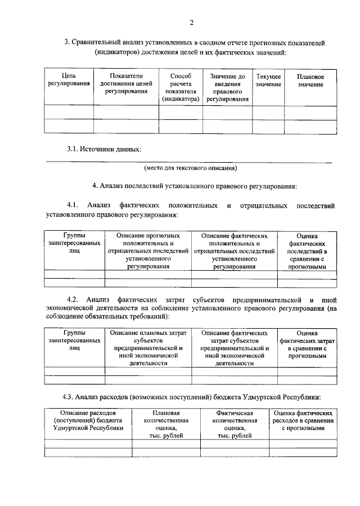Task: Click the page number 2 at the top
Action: pyautogui.click(x=191, y=23)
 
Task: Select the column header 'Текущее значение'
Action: pyautogui.click(x=268, y=80)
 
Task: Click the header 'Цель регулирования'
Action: pyautogui.click(x=69, y=80)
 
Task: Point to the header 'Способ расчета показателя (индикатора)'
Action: pyautogui.click(x=181, y=87)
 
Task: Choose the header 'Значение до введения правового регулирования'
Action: pyautogui.click(x=227, y=87)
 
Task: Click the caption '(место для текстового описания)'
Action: pyautogui.click(x=191, y=168)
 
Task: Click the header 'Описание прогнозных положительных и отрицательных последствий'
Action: pyautogui.click(x=148, y=251)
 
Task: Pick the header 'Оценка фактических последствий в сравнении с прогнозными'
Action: pyautogui.click(x=307, y=251)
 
